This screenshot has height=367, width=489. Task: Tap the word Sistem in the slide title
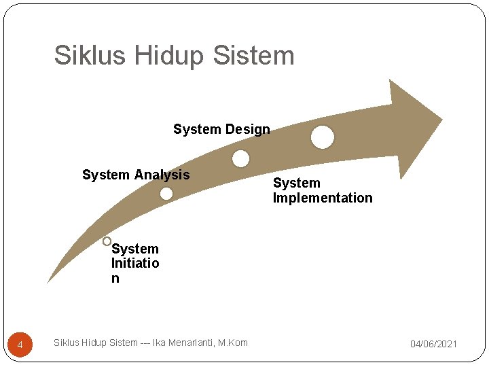[253, 56]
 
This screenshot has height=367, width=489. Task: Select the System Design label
[221, 129]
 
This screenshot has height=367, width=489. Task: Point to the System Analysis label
[136, 175]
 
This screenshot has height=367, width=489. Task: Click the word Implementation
[323, 198]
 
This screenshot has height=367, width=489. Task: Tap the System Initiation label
[135, 264]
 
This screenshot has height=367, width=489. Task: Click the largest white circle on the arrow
[323, 137]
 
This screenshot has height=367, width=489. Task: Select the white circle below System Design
[240, 159]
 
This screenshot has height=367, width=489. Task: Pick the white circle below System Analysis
[166, 194]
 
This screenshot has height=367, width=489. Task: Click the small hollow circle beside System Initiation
[107, 241]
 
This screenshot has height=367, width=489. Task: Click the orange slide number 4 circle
[20, 346]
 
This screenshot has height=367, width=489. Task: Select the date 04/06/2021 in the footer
[433, 345]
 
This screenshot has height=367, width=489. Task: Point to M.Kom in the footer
[234, 343]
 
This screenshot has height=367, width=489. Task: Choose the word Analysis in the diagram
[162, 175]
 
